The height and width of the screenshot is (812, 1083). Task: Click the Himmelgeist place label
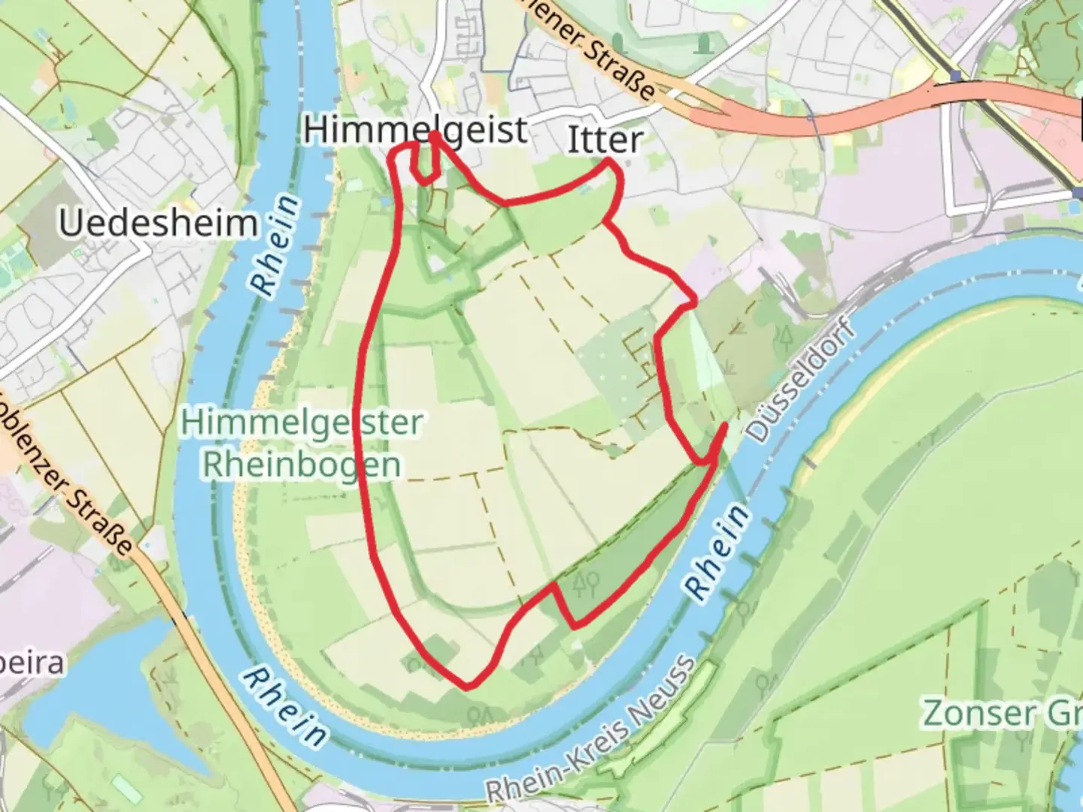(415, 130)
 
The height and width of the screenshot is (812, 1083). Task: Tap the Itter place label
(605, 141)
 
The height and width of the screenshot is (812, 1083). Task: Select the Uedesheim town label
(158, 223)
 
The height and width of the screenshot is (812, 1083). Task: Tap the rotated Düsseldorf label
(802, 383)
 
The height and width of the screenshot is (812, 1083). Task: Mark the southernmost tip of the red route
(467, 686)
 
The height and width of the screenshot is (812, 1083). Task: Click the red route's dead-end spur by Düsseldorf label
(724, 426)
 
